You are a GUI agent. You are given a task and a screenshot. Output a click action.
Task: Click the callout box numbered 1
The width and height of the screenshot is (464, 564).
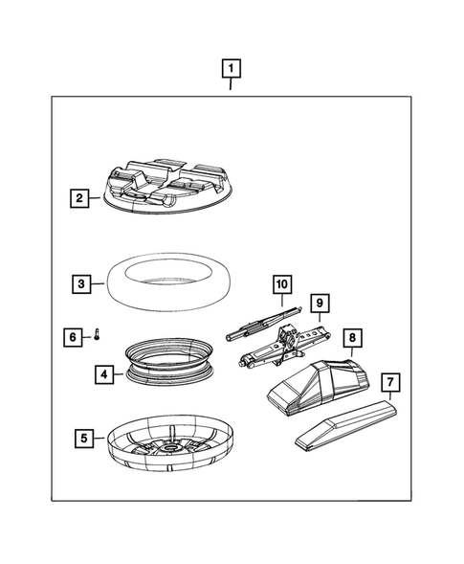click(231, 68)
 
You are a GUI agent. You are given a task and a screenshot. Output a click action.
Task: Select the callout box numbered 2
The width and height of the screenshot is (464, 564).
click(79, 198)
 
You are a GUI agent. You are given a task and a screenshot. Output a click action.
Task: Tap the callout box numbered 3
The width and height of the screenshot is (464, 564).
click(81, 283)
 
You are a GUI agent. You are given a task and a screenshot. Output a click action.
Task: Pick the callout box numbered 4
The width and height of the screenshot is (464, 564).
click(104, 374)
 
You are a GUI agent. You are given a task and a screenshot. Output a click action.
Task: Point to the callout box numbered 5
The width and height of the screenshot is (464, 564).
click(84, 439)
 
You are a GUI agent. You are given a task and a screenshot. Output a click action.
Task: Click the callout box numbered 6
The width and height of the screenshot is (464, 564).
click(73, 337)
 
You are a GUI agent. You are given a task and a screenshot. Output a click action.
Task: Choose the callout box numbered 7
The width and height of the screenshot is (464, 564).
click(390, 382)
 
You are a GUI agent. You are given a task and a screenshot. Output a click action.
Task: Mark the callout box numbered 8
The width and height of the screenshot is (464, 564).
click(352, 338)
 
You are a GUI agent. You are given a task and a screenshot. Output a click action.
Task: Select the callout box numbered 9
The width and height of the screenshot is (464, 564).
click(320, 304)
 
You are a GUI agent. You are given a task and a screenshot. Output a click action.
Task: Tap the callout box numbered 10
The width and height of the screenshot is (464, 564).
click(282, 284)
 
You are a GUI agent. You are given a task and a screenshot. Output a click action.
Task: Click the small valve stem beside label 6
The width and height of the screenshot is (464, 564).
click(97, 334)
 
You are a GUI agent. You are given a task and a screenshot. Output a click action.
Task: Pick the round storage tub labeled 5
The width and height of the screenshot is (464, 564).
click(169, 442)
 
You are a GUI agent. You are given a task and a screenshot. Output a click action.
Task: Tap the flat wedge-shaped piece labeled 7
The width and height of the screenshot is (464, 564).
click(346, 425)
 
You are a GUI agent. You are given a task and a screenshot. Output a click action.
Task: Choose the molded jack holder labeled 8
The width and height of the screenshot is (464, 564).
click(318, 386)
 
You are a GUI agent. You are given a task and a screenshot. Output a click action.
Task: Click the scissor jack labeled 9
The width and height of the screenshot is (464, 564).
click(285, 346)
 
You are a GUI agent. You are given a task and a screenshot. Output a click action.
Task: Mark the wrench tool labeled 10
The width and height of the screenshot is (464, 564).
click(263, 324)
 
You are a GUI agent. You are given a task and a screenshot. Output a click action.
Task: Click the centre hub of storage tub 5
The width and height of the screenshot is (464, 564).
click(172, 448)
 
